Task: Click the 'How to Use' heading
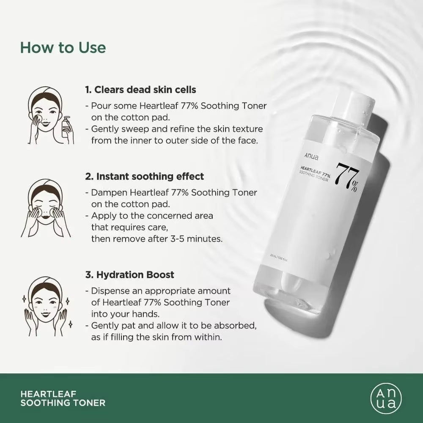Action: [x=63, y=47]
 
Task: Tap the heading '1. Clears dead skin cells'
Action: [x=140, y=90]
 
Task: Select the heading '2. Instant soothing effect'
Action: [x=145, y=176]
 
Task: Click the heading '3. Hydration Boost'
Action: [x=129, y=275]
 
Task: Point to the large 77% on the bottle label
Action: [x=347, y=179]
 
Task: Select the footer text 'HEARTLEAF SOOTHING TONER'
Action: [x=63, y=398]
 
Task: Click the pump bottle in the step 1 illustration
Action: [x=67, y=129]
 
